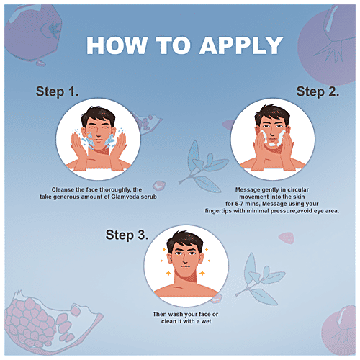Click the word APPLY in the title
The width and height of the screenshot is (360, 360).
(x=241, y=45)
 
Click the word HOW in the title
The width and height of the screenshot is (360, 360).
(x=117, y=45)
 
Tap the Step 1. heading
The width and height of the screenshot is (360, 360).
(x=57, y=91)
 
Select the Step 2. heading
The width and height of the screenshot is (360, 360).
(x=318, y=91)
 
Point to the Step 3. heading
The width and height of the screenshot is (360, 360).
(x=127, y=235)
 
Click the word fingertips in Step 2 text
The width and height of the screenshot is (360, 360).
(x=218, y=211)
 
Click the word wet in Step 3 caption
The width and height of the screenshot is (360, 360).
(x=206, y=321)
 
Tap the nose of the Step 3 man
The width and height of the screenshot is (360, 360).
(x=184, y=260)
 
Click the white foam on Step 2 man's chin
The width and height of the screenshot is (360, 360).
(x=273, y=145)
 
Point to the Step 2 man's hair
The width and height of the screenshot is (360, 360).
(x=272, y=113)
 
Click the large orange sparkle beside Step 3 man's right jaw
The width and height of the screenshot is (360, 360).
(x=202, y=273)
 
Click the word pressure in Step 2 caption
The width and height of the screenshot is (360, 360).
(x=283, y=211)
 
